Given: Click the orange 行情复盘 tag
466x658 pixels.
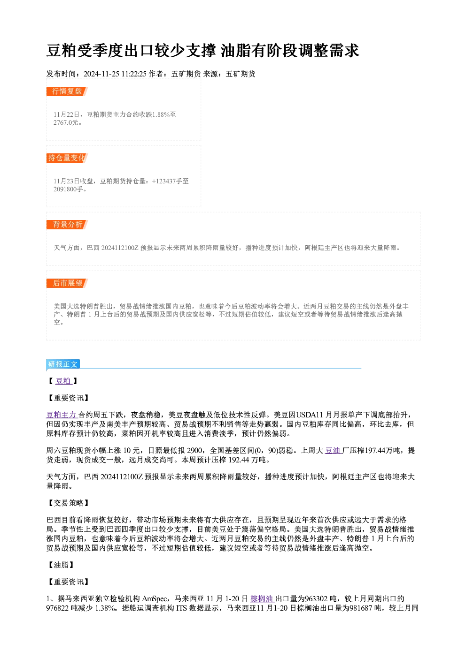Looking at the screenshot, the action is coord(67,91).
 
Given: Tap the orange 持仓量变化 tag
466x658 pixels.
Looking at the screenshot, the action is coord(67,158).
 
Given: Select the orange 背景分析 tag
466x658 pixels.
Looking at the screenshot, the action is coord(67,225).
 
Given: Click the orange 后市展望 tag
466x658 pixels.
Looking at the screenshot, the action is coord(67,283).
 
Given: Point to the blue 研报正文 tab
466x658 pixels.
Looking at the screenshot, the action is coord(63,364).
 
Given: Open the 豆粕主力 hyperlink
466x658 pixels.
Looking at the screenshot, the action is coord(62,415).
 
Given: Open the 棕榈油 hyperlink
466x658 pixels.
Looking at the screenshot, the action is coord(263,598).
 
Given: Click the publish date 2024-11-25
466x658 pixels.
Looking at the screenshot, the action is coord(101,74).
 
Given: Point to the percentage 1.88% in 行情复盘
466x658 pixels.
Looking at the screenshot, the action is coord(161,114).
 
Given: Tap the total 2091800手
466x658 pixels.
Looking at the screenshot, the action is coord(68,189).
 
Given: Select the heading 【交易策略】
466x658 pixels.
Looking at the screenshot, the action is coord(68,503).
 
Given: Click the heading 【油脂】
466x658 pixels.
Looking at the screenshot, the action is coord(61,565).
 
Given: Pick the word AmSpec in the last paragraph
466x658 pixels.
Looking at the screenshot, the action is coord(155,598).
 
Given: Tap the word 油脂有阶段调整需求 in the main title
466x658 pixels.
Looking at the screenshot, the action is coord(290,51).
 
